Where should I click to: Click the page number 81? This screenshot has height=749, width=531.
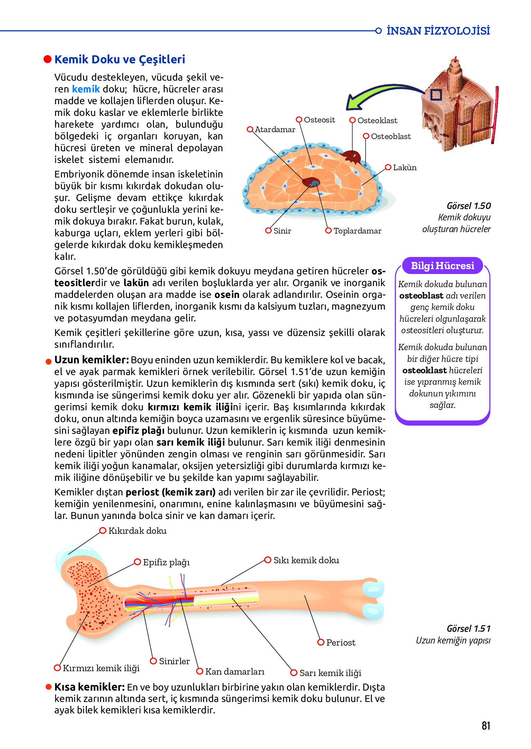click(x=486, y=725)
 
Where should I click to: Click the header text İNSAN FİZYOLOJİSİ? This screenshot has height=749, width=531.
click(x=438, y=31)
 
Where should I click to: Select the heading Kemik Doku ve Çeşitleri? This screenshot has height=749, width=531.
click(x=120, y=60)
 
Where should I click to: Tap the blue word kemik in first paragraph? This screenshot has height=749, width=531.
click(x=86, y=89)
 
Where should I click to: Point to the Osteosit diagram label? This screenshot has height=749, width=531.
click(x=319, y=120)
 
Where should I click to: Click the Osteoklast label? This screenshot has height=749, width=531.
click(x=377, y=121)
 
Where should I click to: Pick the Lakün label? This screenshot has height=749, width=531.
click(x=404, y=168)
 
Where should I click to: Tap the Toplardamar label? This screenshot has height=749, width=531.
click(x=357, y=231)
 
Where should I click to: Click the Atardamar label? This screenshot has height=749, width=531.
click(x=275, y=130)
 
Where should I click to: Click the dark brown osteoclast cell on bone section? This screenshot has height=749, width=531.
click(x=352, y=157)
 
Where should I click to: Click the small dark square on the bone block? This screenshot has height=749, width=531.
click(x=436, y=95)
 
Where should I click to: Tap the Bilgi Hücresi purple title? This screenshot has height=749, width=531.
click(x=442, y=266)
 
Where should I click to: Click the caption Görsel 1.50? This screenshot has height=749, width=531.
click(x=468, y=206)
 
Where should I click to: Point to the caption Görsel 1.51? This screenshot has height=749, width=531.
click(x=468, y=629)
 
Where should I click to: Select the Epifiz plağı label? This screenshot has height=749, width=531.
click(x=166, y=563)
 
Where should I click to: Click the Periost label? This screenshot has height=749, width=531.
click(x=340, y=643)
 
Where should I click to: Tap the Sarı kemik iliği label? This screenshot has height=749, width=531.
click(x=330, y=673)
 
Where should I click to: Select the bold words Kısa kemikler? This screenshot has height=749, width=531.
click(x=89, y=687)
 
